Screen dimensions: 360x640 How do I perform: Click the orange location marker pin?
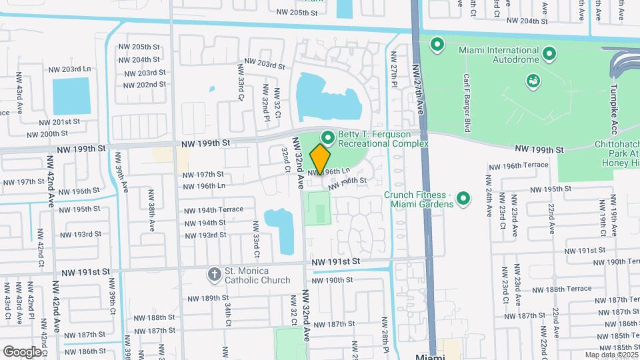point(321,158)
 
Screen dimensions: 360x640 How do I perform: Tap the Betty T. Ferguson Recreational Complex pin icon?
point(327,137)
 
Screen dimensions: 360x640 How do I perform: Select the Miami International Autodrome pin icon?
point(549,53)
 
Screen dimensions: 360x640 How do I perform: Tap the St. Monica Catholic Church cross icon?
point(215,274)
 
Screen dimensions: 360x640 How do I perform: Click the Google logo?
point(22,351)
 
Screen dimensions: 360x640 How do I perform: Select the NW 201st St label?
point(59,122)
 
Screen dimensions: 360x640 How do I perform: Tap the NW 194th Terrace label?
point(214,209)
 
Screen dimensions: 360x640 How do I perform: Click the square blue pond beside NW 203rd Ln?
point(71,96)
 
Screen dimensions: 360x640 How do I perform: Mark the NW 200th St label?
point(59,134)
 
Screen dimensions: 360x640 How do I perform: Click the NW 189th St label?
point(209,298)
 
